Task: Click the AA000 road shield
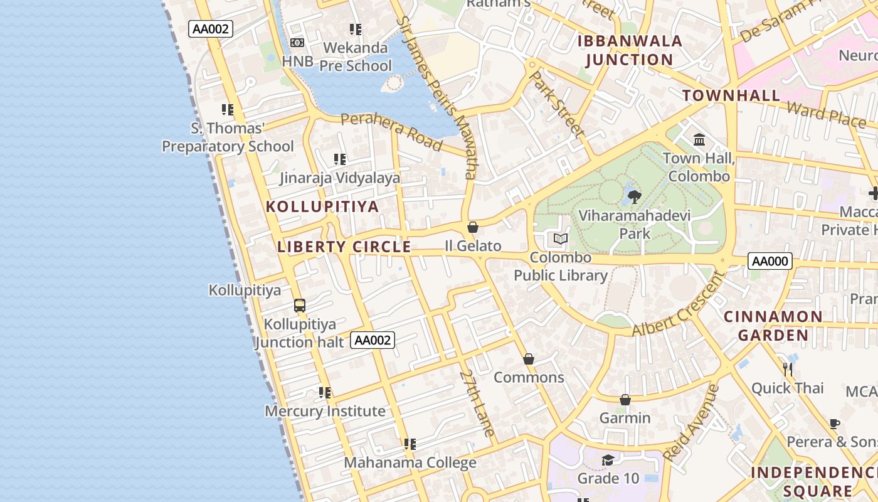pos(770,261)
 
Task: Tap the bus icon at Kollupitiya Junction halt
pos(300,306)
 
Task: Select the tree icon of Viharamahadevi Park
pos(634,197)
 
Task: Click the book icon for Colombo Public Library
pos(561,239)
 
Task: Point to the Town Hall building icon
pos(699,139)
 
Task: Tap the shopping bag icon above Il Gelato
pos(473,227)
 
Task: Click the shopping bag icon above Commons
pos(529,359)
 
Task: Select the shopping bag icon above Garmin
pos(625,400)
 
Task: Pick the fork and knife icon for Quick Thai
pos(788,369)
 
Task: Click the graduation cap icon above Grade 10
pos(608,461)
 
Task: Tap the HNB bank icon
pos(297,43)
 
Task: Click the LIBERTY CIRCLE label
pos(344,247)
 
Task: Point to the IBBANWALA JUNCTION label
pos(629,51)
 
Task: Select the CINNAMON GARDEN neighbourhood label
pos(773,326)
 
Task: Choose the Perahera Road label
pos(391,131)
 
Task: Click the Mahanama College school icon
pos(410,444)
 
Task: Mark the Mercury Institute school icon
pos(325,393)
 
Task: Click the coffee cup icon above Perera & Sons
pos(835,424)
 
